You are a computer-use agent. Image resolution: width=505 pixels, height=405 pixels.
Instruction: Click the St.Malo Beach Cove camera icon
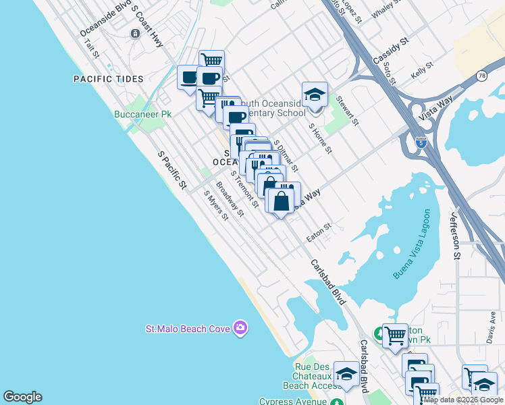(240, 329)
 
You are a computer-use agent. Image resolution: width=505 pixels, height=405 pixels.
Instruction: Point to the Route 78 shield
(481, 76)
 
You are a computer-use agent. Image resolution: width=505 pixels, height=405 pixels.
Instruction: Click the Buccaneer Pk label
(138, 114)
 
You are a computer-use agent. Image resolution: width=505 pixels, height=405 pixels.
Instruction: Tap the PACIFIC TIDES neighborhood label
(109, 79)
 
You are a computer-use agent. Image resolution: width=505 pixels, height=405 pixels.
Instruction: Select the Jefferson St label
(454, 236)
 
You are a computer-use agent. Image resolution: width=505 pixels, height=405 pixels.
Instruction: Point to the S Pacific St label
(171, 169)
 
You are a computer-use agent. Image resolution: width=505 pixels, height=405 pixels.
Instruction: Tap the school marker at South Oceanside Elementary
(315, 95)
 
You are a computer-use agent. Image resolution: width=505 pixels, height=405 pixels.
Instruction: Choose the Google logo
(22, 397)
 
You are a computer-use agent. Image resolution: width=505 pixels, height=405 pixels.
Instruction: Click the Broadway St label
(230, 199)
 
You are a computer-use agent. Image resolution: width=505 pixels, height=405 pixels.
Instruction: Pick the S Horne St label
(320, 138)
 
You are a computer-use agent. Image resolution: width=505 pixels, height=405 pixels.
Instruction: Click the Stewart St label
(347, 110)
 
